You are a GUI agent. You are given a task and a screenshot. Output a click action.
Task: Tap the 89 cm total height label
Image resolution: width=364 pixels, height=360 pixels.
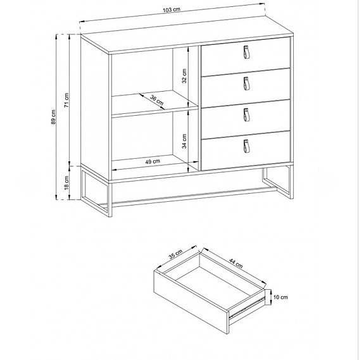click(54, 119)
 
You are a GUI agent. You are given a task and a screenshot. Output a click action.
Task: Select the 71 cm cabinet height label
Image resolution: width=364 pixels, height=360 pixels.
click(66, 100)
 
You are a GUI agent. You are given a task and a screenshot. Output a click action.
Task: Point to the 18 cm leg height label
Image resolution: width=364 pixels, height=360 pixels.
click(66, 183)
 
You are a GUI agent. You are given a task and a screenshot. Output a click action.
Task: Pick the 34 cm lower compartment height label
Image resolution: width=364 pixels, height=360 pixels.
click(185, 140)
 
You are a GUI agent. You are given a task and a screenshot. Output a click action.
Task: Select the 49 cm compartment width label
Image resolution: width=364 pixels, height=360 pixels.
click(152, 162)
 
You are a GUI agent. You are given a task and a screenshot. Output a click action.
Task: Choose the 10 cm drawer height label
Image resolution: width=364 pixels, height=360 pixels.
click(281, 297)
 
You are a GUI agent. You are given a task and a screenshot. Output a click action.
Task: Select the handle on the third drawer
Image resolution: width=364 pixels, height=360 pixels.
click(246, 114)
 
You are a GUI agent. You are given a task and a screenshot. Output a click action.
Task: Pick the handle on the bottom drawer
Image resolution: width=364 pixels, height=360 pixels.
click(246, 146)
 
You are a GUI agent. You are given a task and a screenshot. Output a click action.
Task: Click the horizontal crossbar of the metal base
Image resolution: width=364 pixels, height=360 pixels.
click(190, 187)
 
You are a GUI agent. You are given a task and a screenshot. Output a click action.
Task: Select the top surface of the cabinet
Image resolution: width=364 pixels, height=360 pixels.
click(190, 42)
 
